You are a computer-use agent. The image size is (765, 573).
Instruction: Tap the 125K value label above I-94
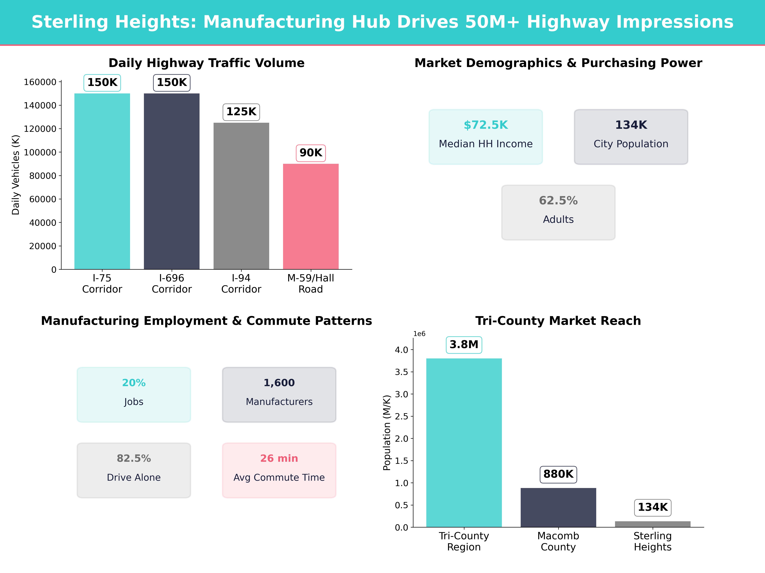[241, 112]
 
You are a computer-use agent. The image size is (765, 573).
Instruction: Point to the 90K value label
[311, 153]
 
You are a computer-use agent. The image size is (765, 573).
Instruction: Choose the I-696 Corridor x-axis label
[171, 284]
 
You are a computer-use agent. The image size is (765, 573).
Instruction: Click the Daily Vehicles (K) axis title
[16, 175]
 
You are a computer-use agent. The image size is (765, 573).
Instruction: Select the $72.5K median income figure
[486, 125]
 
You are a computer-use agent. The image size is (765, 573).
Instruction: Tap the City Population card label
[631, 144]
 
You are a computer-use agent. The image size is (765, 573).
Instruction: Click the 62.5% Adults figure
[558, 201]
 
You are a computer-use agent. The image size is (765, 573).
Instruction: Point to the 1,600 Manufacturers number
[279, 383]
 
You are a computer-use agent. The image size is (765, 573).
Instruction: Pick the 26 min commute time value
[279, 458]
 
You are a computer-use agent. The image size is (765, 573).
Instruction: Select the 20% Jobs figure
[134, 383]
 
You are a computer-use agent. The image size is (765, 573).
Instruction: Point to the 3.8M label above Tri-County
[464, 345]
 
